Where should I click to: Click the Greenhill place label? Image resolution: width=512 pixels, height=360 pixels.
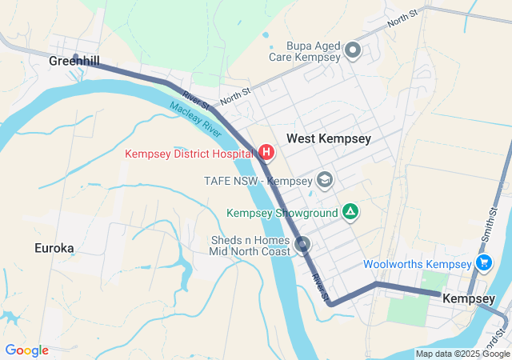(74, 61)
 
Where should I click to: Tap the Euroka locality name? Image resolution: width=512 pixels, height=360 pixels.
(54, 248)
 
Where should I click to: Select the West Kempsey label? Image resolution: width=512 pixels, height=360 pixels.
(329, 138)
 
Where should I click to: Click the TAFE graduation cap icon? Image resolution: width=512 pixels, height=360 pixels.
(324, 179)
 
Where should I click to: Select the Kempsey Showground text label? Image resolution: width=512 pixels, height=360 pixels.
(282, 213)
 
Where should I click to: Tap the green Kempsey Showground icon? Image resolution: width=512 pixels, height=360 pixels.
(350, 212)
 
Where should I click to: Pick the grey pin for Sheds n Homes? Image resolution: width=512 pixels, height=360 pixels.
(302, 244)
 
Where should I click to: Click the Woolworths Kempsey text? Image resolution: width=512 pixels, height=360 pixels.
(417, 264)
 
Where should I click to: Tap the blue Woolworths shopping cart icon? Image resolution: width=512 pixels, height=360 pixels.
(483, 263)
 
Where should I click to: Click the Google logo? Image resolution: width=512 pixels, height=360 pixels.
(26, 350)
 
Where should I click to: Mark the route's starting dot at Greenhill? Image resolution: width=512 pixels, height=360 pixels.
(76, 57)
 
